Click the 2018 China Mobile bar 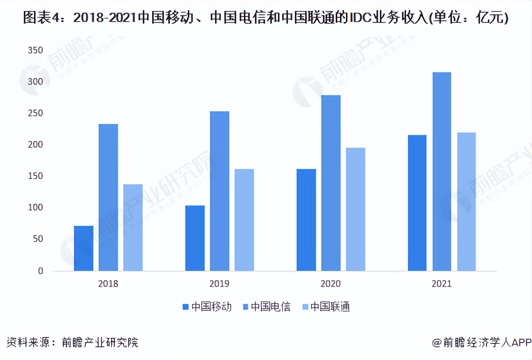coord(83,248)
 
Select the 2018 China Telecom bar coord(108,197)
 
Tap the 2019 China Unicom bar coord(244,220)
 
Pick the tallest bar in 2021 coord(442,172)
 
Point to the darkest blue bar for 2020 coord(306,220)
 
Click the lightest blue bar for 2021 coord(466,202)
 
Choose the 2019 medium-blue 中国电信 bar coord(219,191)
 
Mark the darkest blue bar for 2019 coord(195,238)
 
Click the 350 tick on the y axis coord(35,51)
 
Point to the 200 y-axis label coord(35,145)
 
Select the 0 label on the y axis coord(40,271)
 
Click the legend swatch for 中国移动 coord(185,307)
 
